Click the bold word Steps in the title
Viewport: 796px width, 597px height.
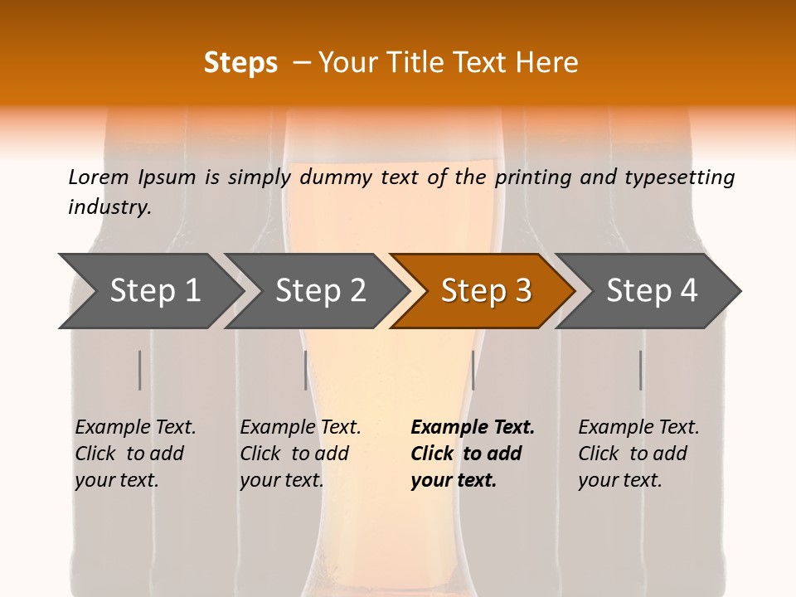click(240, 63)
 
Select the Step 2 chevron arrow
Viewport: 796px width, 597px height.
click(317, 290)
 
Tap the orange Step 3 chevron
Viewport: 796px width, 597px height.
click(483, 290)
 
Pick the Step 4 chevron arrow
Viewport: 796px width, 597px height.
click(648, 290)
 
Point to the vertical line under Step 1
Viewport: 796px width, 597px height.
click(139, 370)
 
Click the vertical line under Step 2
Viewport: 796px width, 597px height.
click(306, 370)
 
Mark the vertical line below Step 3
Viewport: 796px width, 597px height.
click(473, 370)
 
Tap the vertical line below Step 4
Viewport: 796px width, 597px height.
click(640, 370)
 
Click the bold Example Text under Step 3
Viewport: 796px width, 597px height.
click(473, 428)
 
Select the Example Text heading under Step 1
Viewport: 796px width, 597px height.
click(135, 428)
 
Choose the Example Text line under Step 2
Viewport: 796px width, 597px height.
click(300, 428)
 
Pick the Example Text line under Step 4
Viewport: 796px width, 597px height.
click(638, 428)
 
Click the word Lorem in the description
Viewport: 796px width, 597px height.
click(99, 177)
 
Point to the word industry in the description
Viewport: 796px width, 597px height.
click(109, 207)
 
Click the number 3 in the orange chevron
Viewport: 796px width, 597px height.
click(522, 290)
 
